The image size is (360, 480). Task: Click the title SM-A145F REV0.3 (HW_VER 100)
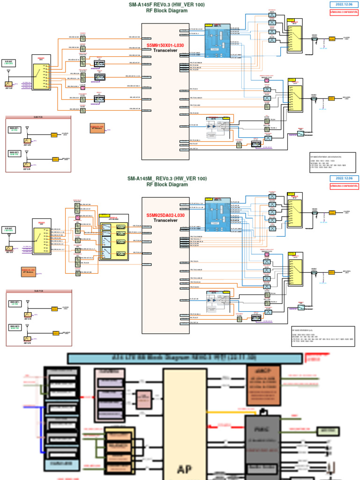click(x=167, y=5)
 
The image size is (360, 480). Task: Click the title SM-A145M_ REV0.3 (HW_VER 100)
click(x=167, y=179)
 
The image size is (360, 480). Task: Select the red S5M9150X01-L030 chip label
click(x=165, y=45)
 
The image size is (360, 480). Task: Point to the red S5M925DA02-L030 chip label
click(x=165, y=215)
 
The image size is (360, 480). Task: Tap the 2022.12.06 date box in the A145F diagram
click(x=344, y=5)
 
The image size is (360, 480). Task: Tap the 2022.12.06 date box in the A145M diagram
click(x=344, y=179)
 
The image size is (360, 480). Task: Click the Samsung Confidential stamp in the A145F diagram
click(x=344, y=12)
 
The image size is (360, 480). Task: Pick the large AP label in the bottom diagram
click(x=185, y=469)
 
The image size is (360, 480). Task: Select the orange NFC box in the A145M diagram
click(x=28, y=272)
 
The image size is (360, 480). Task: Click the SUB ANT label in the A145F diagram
click(x=8, y=62)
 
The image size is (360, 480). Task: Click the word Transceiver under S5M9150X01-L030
click(x=165, y=50)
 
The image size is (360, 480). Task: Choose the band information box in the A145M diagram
click(x=322, y=336)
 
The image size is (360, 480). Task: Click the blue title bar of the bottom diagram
click(x=185, y=359)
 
